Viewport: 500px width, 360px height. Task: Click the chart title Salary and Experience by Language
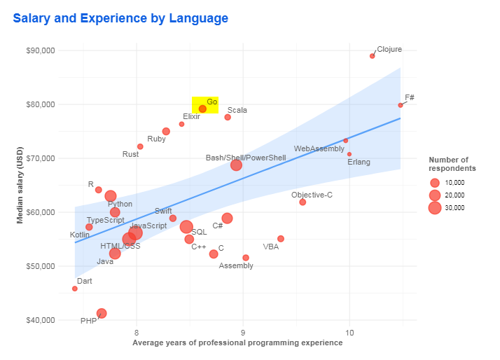click(x=120, y=18)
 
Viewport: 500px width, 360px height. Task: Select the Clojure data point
click(x=373, y=56)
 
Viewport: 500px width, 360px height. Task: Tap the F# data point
click(x=401, y=105)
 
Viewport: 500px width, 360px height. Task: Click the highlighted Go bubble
click(x=202, y=109)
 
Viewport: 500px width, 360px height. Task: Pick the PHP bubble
click(x=102, y=313)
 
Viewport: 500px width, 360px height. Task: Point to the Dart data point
click(x=75, y=289)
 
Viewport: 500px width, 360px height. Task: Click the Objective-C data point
click(x=303, y=202)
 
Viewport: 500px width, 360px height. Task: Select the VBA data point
click(x=281, y=239)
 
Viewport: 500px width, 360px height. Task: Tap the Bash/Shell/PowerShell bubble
click(x=236, y=165)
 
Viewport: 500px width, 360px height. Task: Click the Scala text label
click(x=237, y=110)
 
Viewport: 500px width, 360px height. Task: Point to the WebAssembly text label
click(x=319, y=148)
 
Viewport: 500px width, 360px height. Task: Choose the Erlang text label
click(x=359, y=162)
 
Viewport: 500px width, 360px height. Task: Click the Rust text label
click(x=130, y=154)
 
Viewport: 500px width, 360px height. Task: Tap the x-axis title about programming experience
click(x=237, y=343)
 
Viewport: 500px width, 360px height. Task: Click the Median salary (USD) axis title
click(x=20, y=185)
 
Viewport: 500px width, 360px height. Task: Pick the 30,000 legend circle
click(x=435, y=208)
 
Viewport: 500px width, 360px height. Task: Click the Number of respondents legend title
click(x=452, y=165)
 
